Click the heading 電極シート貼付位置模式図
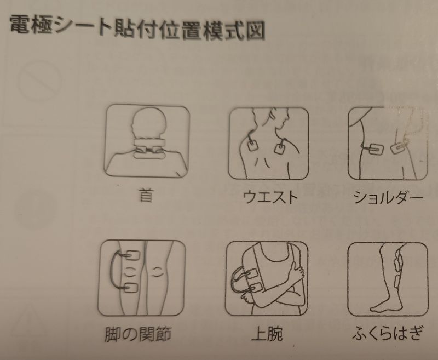tap(137, 28)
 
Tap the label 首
tap(146, 195)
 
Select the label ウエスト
tap(270, 197)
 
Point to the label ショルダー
tap(388, 197)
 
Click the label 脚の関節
tap(138, 334)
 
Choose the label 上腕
tap(267, 333)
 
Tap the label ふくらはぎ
tap(387, 333)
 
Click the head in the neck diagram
tap(149, 123)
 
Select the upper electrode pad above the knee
tap(131, 255)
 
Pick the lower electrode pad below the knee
tap(131, 287)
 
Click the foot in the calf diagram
tap(385, 307)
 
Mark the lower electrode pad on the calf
tap(398, 282)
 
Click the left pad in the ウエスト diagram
tap(254, 145)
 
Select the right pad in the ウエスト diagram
tap(280, 148)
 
